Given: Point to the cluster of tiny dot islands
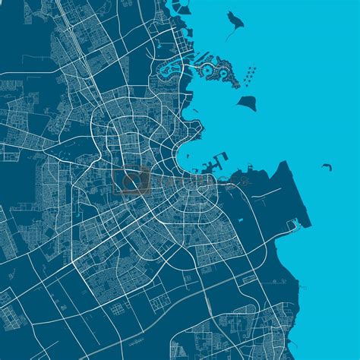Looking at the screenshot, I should (248, 75).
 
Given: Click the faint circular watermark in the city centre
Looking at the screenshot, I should (133, 181).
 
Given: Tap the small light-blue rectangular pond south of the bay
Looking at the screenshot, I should (240, 221).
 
